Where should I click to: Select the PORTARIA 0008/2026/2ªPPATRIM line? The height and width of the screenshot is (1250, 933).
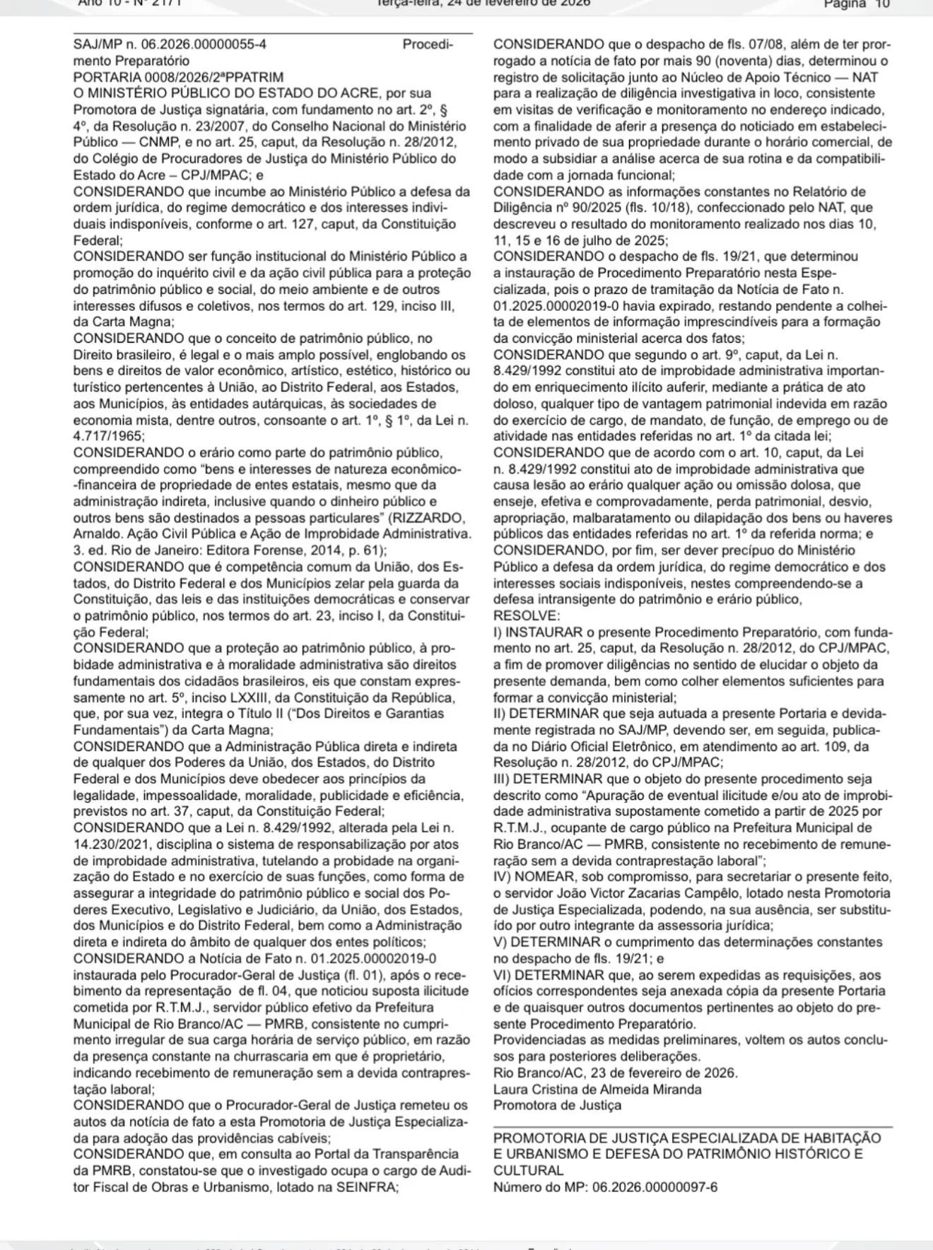(178, 77)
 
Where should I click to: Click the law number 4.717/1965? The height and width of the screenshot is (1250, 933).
(108, 437)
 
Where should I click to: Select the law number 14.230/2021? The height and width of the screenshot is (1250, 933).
(112, 844)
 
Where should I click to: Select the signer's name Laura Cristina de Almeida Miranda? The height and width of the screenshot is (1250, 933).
(597, 1089)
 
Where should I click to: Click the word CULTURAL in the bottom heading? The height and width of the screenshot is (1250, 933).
(528, 1170)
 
